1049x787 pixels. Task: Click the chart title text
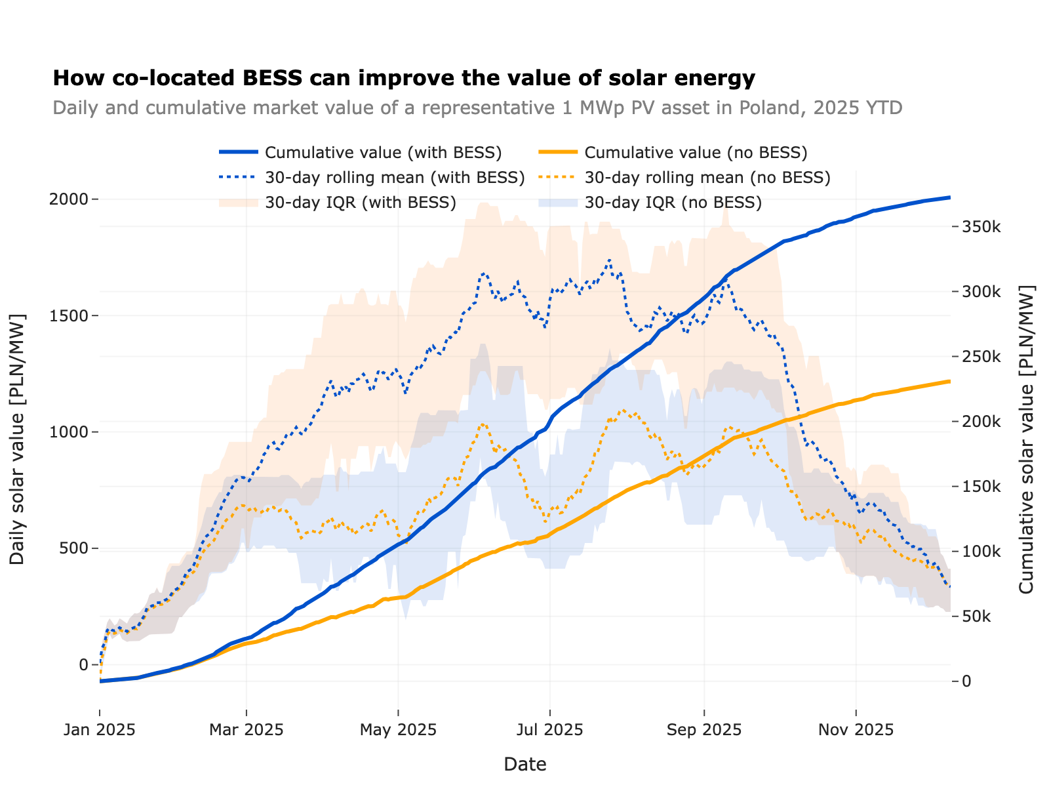pos(477,108)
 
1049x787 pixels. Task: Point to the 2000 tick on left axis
pos(69,199)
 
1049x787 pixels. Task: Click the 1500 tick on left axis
pos(69,315)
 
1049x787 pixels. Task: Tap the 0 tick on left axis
pos(83,665)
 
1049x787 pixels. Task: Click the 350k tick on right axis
pos(981,227)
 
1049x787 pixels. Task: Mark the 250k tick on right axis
pos(981,357)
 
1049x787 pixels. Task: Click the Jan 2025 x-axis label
pos(100,730)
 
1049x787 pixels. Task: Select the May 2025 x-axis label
pos(398,730)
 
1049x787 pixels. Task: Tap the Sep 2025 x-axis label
pos(704,730)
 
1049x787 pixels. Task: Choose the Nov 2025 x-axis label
pos(856,730)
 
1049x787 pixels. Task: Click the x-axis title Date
pos(524,764)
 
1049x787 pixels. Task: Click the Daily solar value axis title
pos(18,439)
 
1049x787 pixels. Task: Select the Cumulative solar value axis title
pos(1027,439)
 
